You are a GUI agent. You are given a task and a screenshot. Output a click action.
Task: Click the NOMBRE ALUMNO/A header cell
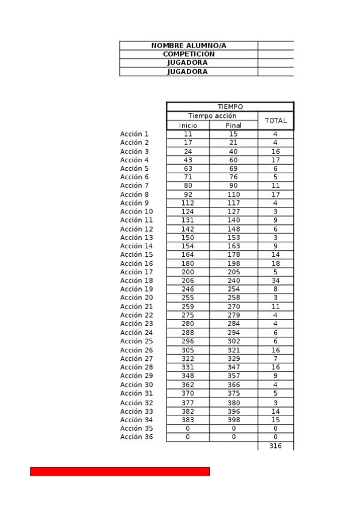point(188,46)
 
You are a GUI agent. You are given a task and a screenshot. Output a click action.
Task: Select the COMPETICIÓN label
point(188,54)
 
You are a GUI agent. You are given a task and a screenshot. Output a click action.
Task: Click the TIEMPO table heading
point(230,106)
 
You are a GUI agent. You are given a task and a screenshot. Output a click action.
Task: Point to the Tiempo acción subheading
point(212,115)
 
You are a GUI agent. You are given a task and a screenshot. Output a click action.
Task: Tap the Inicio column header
point(188,125)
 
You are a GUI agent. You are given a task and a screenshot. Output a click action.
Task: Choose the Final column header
point(233,125)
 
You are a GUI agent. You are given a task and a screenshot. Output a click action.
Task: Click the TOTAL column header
point(275,120)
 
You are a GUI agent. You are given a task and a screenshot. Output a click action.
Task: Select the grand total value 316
point(275,446)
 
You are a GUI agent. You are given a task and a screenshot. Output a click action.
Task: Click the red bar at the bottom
point(120,472)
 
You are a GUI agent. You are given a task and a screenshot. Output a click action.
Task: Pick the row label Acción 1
point(134,134)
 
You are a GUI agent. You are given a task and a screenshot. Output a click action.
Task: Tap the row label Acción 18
point(136,281)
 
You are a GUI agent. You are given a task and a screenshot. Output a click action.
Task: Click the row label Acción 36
point(136,437)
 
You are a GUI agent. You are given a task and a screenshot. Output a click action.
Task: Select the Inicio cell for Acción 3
point(188,152)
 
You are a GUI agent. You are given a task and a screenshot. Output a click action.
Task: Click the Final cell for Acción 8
point(233,195)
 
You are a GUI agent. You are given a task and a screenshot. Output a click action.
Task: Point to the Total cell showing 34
point(275,281)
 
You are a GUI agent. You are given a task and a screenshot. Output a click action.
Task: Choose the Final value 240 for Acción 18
point(233,281)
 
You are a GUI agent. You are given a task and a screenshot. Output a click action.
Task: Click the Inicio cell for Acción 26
point(188,350)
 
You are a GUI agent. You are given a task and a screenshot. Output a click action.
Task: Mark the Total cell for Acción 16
point(275,263)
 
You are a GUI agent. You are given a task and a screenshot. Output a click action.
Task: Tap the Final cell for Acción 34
point(233,420)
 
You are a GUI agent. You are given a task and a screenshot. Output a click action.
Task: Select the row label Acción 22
point(136,315)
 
